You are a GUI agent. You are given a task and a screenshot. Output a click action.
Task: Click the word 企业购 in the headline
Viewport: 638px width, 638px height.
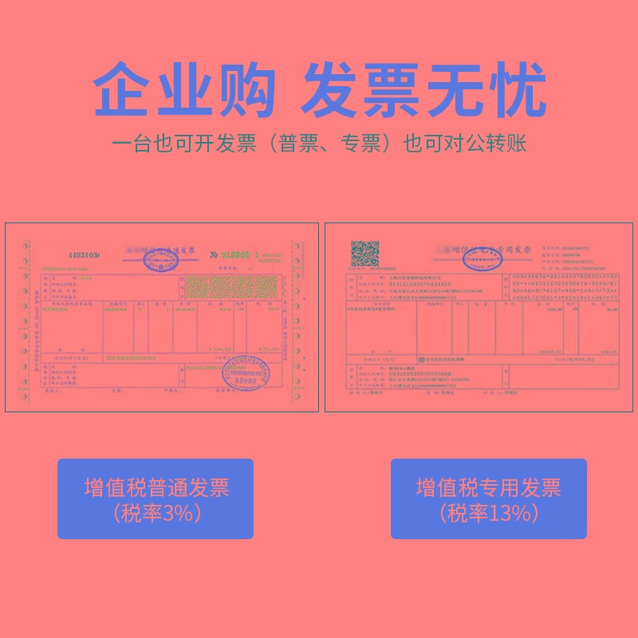click(x=184, y=90)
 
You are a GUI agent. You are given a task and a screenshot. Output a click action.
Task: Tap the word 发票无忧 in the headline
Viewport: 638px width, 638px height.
click(x=423, y=90)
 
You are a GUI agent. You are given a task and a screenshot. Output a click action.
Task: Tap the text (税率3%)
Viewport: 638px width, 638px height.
click(x=156, y=514)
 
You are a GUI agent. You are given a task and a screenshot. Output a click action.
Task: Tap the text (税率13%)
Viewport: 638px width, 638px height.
click(x=489, y=514)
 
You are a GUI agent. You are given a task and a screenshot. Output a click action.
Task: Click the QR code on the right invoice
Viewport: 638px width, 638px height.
click(x=365, y=254)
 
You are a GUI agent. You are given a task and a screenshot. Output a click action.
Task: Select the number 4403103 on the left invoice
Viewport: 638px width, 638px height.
click(x=83, y=255)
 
